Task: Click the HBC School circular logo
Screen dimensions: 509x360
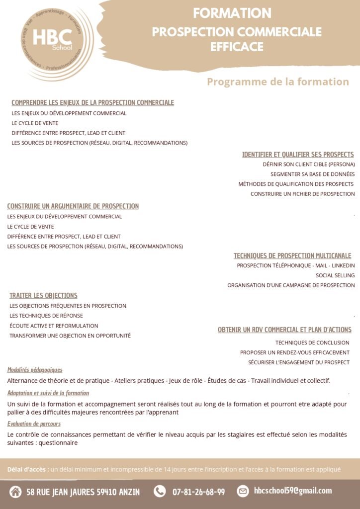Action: (54, 44)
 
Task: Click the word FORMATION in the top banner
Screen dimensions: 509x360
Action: (232, 13)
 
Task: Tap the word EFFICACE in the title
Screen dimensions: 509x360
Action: (237, 47)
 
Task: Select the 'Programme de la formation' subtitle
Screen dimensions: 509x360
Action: (278, 82)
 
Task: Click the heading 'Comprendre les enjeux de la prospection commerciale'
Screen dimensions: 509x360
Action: (92, 103)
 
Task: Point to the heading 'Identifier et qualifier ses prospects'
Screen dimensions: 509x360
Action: (298, 155)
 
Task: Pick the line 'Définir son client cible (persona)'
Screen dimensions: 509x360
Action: (309, 164)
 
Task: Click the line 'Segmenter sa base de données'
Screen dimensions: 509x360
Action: (312, 174)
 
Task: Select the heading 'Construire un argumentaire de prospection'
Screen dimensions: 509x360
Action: (73, 206)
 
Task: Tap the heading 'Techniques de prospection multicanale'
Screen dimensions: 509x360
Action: (292, 256)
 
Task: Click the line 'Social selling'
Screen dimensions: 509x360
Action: (335, 275)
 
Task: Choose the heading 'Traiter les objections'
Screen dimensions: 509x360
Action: (43, 296)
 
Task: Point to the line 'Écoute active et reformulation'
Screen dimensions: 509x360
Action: (54, 326)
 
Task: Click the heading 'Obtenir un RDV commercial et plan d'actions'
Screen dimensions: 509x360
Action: (284, 330)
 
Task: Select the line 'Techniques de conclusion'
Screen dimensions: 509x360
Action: (312, 342)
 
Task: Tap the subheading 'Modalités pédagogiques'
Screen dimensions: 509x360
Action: (35, 370)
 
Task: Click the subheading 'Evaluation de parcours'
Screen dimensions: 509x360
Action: (34, 424)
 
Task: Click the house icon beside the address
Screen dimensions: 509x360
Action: (15, 492)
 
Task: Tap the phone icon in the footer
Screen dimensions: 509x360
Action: (160, 492)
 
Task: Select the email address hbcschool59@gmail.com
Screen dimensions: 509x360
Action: (292, 491)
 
